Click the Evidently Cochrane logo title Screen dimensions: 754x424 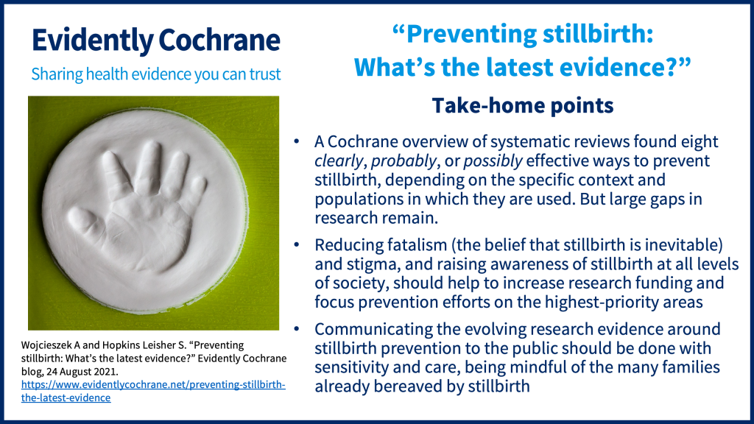[x=156, y=40]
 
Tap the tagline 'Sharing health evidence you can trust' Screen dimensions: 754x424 [x=156, y=74]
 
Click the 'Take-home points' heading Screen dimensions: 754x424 [x=523, y=105]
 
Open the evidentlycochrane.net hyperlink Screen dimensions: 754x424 [x=153, y=391]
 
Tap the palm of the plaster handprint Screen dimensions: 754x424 [x=144, y=230]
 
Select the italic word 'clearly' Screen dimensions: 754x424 [x=339, y=161]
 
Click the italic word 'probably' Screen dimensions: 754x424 [x=404, y=161]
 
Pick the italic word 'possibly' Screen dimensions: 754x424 [x=493, y=161]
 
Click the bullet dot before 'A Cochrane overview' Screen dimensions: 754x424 [x=296, y=141]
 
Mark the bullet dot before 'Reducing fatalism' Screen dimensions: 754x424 [x=296, y=244]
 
